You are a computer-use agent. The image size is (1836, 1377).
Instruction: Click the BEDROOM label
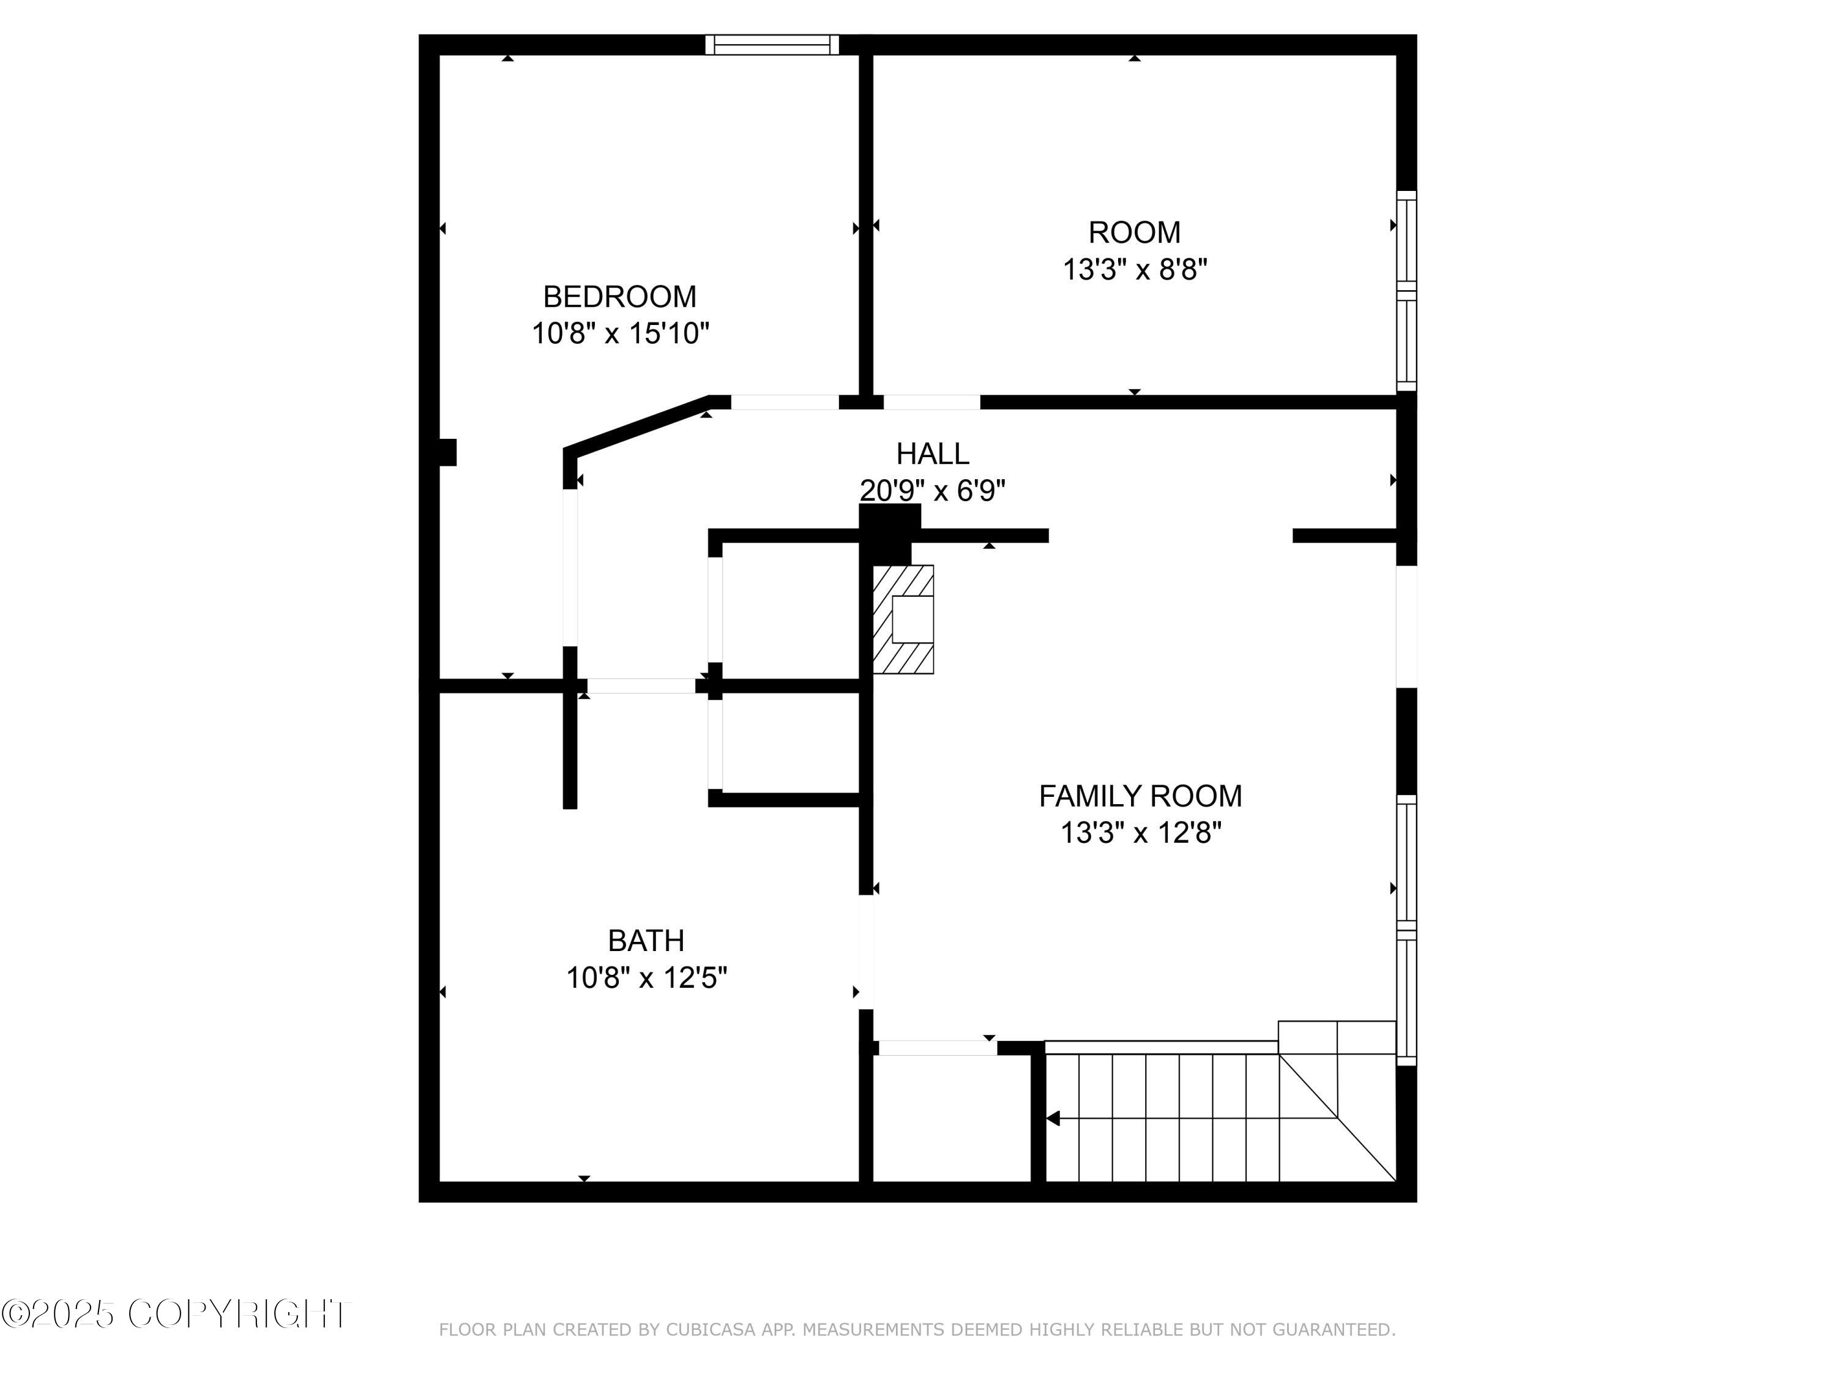(x=619, y=296)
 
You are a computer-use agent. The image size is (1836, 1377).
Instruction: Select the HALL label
(x=932, y=454)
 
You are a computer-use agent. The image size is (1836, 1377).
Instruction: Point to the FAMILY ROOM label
(x=1140, y=796)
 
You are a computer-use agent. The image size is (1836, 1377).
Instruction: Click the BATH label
(x=646, y=941)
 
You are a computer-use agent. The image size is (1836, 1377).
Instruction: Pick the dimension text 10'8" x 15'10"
(x=620, y=334)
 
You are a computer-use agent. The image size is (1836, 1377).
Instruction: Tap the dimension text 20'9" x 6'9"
(x=932, y=491)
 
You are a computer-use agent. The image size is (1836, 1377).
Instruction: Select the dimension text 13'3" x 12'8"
(x=1140, y=832)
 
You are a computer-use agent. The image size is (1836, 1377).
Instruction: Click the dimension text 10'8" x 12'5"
(x=646, y=978)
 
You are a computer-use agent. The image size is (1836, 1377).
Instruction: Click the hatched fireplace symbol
(x=903, y=619)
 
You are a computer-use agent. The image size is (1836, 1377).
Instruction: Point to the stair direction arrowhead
(x=1053, y=1118)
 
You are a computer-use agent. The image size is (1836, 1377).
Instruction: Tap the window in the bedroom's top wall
(x=772, y=45)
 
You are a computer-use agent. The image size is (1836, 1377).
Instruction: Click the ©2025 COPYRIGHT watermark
(x=176, y=1314)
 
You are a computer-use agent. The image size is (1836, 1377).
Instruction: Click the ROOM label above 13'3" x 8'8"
(x=1134, y=233)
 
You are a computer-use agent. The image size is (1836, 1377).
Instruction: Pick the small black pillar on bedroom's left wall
(x=447, y=452)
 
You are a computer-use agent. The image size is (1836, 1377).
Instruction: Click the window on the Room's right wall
(x=1405, y=291)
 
